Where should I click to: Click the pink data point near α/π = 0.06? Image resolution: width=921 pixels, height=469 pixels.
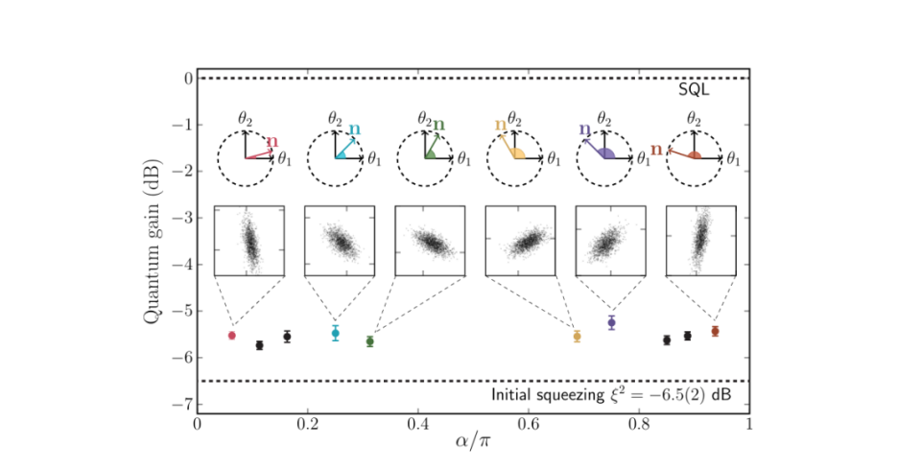click(231, 335)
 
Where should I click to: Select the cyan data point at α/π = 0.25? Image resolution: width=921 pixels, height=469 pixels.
click(335, 333)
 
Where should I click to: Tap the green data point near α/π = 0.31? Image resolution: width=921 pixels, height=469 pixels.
click(370, 341)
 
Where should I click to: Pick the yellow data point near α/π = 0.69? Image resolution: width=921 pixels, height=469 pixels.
click(577, 337)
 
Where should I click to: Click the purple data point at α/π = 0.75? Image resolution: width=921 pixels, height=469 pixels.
click(611, 323)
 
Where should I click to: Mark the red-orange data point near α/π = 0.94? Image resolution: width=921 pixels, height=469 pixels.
click(715, 331)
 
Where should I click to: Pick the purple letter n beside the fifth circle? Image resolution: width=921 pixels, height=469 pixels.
click(584, 128)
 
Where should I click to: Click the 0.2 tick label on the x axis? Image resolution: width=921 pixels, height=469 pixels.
click(307, 422)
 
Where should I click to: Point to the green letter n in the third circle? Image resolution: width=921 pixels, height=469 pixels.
click(439, 124)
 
